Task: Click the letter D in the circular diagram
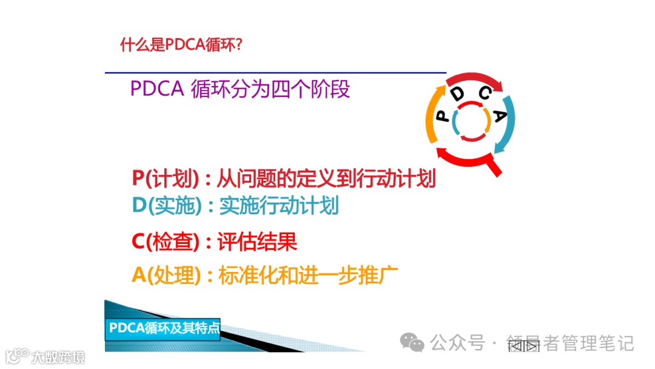[x=458, y=93]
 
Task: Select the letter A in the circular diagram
[x=499, y=116]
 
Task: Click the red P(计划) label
[x=166, y=178]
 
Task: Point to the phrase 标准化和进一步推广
[x=307, y=276]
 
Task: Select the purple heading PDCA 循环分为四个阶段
[x=240, y=89]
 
